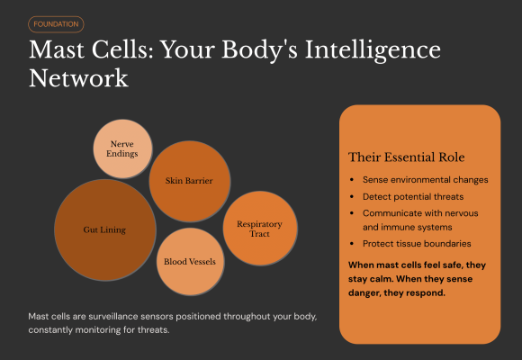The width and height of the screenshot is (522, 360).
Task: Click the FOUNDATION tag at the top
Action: pos(56,24)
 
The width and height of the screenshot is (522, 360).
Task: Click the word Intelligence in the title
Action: pos(359,50)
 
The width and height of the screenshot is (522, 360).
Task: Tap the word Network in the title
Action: pos(78,78)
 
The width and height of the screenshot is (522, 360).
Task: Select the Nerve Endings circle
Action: pos(123,148)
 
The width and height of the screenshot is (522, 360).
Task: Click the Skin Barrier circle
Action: pos(189,181)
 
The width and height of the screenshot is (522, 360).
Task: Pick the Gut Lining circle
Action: pos(104,230)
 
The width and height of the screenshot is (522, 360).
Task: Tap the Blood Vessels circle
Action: pos(189,262)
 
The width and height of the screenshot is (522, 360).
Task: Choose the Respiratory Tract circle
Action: pos(259,228)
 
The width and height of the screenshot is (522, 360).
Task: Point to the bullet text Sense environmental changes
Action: pos(425,179)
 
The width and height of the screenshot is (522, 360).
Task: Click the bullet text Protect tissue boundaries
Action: pos(418,243)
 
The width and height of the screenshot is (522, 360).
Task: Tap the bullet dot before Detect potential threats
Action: pos(351,195)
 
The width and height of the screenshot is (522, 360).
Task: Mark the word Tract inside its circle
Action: pos(259,234)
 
